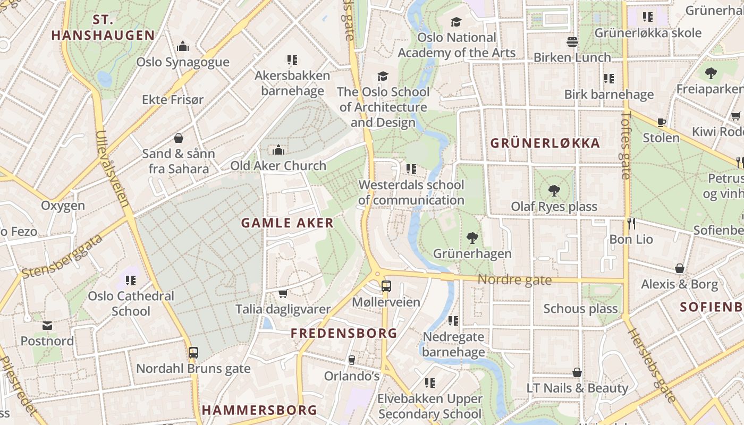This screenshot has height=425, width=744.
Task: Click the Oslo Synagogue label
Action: (x=183, y=62)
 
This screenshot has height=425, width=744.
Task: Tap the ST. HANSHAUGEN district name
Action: (x=103, y=28)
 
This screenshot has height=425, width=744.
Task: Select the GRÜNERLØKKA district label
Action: (x=545, y=143)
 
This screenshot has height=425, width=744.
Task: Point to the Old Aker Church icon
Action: (x=278, y=150)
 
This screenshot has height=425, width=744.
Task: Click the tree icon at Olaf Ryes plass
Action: (x=554, y=191)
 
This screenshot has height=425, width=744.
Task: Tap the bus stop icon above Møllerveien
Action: (x=386, y=286)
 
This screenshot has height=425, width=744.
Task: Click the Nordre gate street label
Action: (x=514, y=279)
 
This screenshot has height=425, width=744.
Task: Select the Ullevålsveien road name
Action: (x=113, y=168)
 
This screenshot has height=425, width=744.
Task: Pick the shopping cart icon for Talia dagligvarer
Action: (x=283, y=293)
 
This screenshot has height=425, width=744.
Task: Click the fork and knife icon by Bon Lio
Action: (x=631, y=224)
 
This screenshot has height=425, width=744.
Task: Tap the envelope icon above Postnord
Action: (x=47, y=325)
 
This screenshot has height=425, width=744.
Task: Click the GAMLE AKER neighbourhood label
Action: (x=288, y=223)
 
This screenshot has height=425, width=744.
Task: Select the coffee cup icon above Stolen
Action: (x=661, y=122)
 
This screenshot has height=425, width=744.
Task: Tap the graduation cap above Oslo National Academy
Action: (x=456, y=22)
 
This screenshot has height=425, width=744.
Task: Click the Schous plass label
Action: (x=580, y=309)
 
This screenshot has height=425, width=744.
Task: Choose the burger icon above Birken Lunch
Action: (x=572, y=41)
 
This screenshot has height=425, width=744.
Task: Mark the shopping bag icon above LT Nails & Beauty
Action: (x=577, y=372)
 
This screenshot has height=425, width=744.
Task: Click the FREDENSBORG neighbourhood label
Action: (x=344, y=334)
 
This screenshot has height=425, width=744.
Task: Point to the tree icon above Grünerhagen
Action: (x=472, y=237)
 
